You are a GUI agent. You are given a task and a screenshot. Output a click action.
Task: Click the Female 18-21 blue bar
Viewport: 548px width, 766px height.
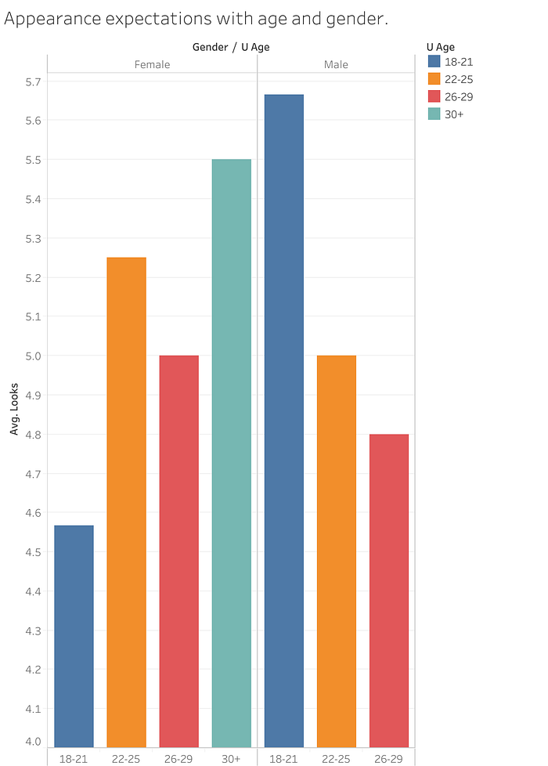tap(74, 636)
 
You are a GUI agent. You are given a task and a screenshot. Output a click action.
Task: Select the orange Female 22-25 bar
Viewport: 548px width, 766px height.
tap(127, 502)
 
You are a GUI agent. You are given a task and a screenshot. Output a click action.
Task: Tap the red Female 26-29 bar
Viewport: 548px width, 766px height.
tap(178, 551)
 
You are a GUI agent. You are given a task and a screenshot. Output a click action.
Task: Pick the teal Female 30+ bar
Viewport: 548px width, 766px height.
tap(232, 453)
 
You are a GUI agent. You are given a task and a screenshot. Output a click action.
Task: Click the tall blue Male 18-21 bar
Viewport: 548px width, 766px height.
tap(283, 421)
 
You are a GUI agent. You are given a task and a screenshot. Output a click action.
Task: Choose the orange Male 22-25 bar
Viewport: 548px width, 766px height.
tap(337, 551)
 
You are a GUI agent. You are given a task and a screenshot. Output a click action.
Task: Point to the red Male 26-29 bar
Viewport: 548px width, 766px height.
tap(389, 591)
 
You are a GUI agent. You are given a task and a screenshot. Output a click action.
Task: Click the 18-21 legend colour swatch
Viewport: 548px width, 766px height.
tap(434, 61)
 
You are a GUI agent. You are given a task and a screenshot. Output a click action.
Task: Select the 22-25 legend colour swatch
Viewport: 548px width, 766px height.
tap(434, 78)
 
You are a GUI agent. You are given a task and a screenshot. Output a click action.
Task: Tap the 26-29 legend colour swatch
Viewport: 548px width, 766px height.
tap(434, 96)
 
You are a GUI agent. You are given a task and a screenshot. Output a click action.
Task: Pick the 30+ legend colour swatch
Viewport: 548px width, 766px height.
tap(434, 114)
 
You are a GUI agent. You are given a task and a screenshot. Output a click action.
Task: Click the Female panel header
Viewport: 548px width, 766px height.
tap(153, 64)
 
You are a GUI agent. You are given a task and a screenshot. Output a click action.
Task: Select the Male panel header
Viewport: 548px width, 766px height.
tap(336, 64)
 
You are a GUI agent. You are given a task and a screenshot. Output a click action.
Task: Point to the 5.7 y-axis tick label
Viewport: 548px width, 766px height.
tap(33, 81)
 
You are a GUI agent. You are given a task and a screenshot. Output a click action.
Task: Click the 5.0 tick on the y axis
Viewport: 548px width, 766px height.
tap(33, 356)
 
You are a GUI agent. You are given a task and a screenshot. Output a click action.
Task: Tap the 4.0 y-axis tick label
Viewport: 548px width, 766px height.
tap(33, 742)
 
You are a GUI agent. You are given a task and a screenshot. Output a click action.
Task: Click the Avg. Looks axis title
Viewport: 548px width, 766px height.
tap(14, 409)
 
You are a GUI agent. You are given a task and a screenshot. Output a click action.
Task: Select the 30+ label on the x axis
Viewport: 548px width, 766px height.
tap(231, 759)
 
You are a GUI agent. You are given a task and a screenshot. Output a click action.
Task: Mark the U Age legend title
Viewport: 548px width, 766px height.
tap(441, 48)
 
